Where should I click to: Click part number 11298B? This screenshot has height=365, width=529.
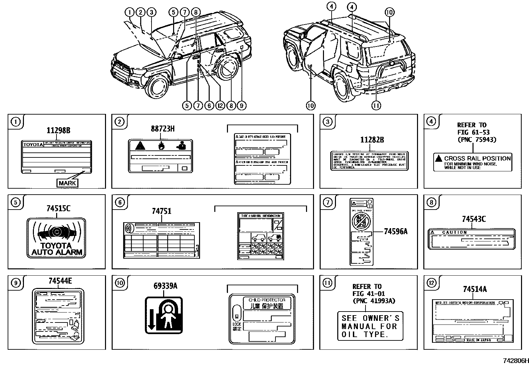58,131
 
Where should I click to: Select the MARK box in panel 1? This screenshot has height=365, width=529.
67,183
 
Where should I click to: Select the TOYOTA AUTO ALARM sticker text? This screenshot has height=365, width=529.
56,249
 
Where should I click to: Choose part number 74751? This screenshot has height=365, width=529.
161,211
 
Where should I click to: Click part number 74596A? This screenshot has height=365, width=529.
395,231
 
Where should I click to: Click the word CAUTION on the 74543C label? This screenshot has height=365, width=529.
454,232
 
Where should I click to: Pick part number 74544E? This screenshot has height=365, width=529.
60,281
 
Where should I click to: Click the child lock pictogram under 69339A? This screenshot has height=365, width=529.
164,315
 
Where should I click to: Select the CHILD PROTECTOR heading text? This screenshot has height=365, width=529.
266,300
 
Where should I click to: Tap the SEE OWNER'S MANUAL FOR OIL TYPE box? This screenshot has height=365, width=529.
370,326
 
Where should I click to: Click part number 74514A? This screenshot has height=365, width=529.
475,290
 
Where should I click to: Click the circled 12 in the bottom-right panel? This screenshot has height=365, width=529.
431,283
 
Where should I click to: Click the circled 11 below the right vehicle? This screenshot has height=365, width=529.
376,106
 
